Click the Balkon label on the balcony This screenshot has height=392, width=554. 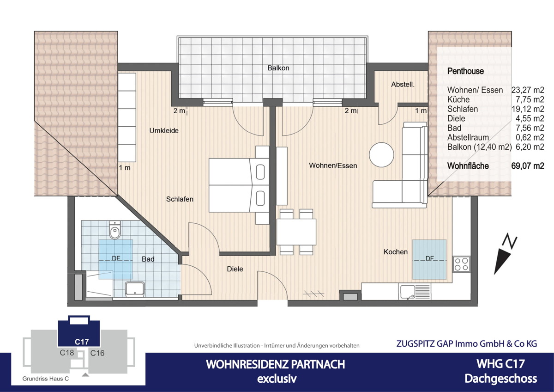point(278,68)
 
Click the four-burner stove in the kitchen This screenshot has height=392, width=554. point(461,264)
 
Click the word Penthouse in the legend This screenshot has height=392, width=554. point(465,71)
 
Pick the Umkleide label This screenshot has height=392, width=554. point(163,131)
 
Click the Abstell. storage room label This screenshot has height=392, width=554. point(403,85)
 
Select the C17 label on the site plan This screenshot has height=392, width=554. point(82,342)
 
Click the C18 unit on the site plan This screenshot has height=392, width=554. point(67,353)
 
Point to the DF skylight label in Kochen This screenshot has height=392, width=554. point(429,259)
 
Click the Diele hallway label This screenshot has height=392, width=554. point(235,269)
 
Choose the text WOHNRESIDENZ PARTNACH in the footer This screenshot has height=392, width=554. point(275,364)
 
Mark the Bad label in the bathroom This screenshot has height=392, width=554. point(148,259)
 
